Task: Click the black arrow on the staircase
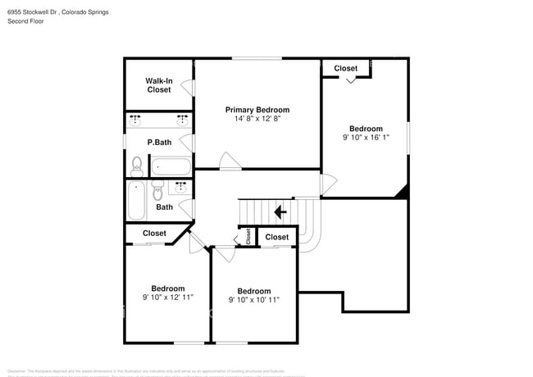(x=279, y=212)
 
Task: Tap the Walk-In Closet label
(x=159, y=85)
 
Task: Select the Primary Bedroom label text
(x=257, y=109)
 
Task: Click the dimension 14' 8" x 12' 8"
(x=257, y=119)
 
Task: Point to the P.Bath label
(x=159, y=143)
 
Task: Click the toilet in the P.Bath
(x=136, y=167)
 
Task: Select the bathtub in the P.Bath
(x=171, y=166)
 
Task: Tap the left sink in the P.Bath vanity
(x=136, y=120)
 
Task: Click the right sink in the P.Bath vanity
(x=181, y=120)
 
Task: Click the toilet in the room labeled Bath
(x=157, y=191)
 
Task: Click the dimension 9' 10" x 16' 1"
(x=366, y=139)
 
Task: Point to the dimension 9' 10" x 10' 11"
(x=254, y=300)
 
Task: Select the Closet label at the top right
(x=345, y=69)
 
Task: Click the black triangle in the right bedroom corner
(x=402, y=192)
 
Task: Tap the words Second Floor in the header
(x=25, y=21)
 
